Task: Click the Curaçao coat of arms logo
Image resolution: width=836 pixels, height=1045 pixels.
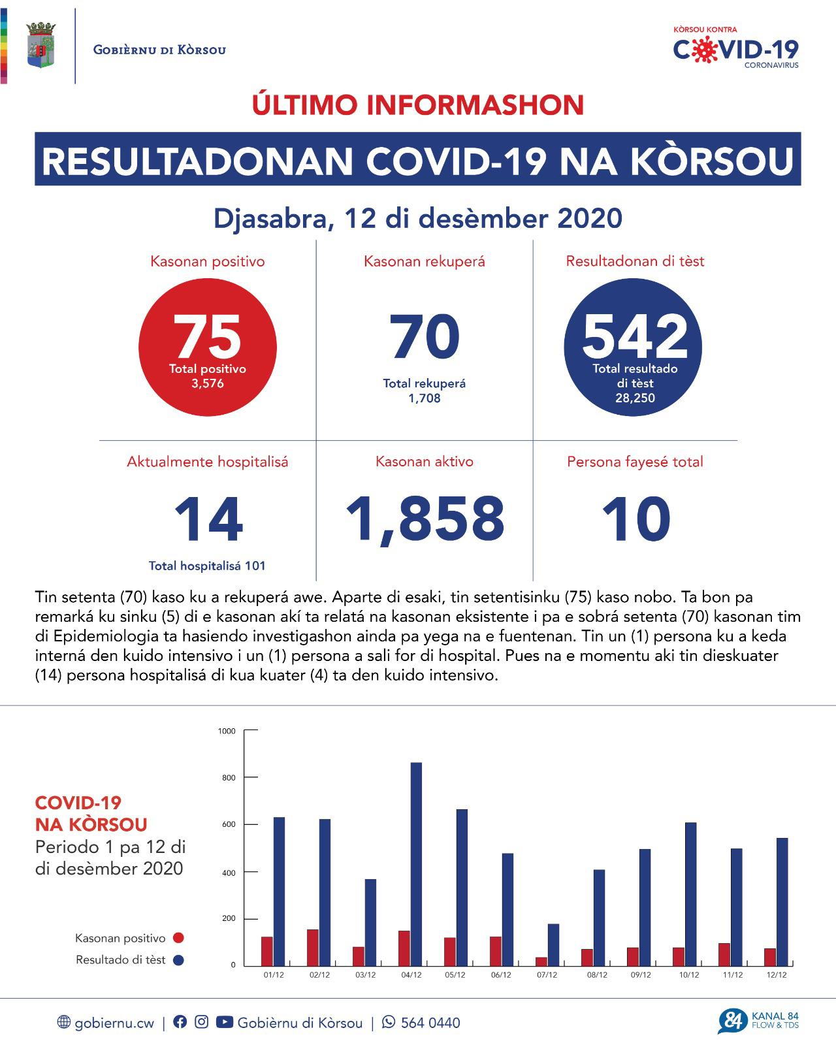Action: [x=41, y=45]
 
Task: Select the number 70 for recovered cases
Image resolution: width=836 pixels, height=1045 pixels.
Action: [x=425, y=337]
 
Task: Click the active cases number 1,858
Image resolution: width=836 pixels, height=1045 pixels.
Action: [x=425, y=519]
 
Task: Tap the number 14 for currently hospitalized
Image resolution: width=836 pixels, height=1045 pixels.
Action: [x=208, y=519]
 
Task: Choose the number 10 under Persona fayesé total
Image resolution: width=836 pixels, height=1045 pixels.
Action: [x=635, y=519]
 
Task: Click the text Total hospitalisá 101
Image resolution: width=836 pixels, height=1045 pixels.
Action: [x=207, y=566]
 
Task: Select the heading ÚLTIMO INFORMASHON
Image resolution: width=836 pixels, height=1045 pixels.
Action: [x=418, y=105]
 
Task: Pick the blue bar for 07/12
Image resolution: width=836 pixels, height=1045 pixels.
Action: [x=553, y=944]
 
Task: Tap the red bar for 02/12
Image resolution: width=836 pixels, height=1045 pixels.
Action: [x=312, y=947]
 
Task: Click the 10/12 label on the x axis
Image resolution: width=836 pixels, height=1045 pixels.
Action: [x=688, y=975]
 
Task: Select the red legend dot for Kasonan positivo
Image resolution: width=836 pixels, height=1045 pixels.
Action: [x=178, y=938]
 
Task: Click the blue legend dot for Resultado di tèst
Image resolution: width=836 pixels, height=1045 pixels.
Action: [x=178, y=959]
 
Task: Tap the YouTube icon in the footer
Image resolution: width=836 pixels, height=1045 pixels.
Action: [x=224, y=1021]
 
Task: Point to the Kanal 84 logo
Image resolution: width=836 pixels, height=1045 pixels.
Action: [x=758, y=1021]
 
